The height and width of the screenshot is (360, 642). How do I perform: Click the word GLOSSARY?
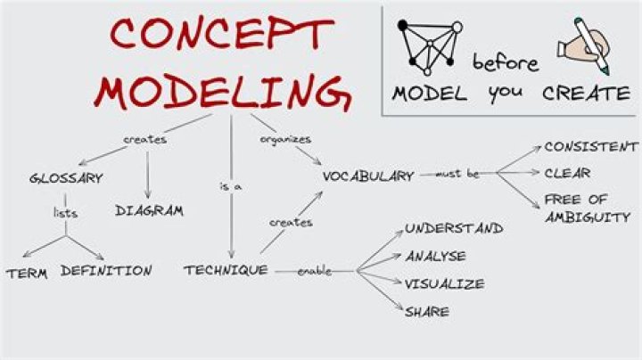[66, 179]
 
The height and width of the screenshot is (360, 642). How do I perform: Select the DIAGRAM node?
[149, 210]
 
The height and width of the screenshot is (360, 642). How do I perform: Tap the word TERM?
[27, 274]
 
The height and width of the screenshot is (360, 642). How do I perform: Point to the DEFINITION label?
[106, 271]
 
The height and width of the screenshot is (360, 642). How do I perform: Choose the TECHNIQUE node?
[226, 270]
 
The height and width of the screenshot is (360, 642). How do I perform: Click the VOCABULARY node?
[368, 176]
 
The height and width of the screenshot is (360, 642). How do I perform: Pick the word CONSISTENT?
[591, 147]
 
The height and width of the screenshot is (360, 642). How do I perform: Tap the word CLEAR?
[567, 174]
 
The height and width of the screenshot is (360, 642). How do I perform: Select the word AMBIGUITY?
[587, 217]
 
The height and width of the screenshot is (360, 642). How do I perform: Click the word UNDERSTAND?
[454, 228]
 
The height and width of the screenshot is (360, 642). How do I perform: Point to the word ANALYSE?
[436, 257]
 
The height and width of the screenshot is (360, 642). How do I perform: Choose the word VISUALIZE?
[445, 284]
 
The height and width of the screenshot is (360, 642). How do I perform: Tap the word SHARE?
[427, 312]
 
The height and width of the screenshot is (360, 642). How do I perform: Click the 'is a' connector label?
[231, 187]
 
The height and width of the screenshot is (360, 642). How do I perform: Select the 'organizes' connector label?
[286, 140]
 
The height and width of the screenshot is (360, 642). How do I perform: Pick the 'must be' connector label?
[457, 174]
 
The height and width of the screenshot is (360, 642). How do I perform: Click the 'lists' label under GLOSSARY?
[65, 213]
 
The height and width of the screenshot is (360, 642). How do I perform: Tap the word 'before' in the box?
[506, 63]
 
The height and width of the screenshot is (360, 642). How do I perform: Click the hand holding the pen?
[584, 45]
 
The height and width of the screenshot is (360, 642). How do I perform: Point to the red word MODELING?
[223, 91]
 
